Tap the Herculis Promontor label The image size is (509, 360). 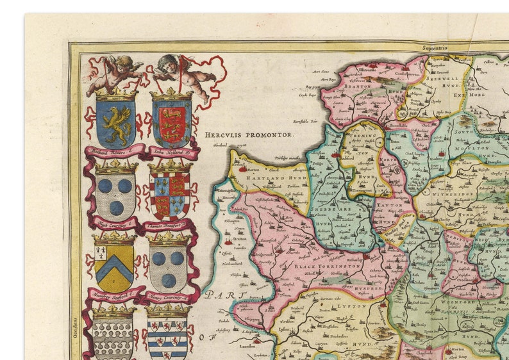click(x=249, y=135)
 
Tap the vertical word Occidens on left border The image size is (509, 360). click(x=75, y=327)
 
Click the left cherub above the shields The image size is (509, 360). click(x=115, y=72)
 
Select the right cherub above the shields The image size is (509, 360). click(x=178, y=72)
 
